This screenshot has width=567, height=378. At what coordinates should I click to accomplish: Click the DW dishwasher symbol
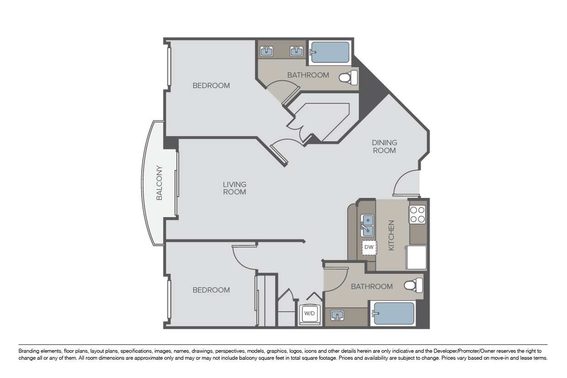tap(369, 247)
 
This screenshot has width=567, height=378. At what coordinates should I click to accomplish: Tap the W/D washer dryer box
tap(310, 313)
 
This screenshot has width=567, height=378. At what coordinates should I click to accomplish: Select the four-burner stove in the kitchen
tap(417, 214)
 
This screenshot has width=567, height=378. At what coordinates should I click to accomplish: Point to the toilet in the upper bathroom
tap(348, 78)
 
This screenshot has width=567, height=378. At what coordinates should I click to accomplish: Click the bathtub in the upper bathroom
tap(330, 53)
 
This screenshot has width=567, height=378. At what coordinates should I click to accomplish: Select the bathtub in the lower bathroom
tap(394, 314)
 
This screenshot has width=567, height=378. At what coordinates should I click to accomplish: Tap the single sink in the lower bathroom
tap(338, 315)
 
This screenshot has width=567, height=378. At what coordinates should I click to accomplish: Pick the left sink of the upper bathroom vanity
tap(267, 51)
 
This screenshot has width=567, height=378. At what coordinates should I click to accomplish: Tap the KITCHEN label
tap(391, 235)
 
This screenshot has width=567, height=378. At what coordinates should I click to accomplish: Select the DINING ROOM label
tap(384, 146)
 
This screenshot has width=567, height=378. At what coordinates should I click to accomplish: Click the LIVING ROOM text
tap(235, 188)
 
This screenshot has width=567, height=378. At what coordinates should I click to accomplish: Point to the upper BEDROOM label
tap(211, 85)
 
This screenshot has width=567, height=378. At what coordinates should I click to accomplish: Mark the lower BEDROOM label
tap(211, 290)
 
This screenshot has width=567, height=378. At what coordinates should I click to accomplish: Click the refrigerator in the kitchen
tap(417, 258)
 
